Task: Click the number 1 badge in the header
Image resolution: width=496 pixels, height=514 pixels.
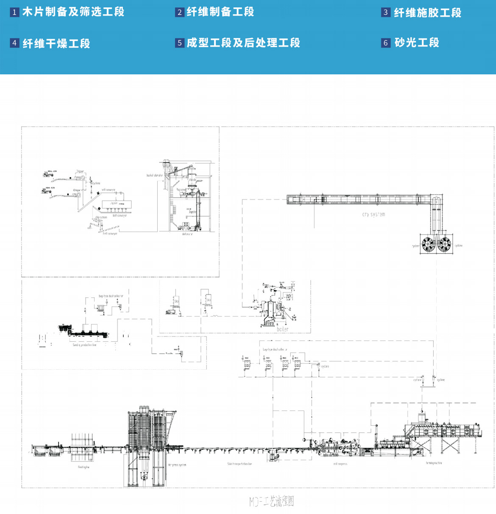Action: pyautogui.click(x=14, y=12)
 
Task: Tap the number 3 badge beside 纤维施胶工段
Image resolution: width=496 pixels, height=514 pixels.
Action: pyautogui.click(x=385, y=12)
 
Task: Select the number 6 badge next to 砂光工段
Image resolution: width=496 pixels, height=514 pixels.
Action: pyautogui.click(x=385, y=43)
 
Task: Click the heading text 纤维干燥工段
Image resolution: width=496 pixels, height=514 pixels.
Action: pyautogui.click(x=56, y=43)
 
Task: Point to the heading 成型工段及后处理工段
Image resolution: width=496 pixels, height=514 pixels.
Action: pyautogui.click(x=243, y=43)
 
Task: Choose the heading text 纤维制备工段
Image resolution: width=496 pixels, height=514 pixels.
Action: pyautogui.click(x=220, y=12)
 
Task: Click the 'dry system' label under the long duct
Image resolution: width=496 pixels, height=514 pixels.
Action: pyautogui.click(x=373, y=215)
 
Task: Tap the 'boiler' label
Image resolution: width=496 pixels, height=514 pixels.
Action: pyautogui.click(x=282, y=329)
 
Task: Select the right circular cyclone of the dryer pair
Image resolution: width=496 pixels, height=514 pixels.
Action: pyautogui.click(x=444, y=244)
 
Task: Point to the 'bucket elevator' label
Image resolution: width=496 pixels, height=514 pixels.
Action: pyautogui.click(x=154, y=175)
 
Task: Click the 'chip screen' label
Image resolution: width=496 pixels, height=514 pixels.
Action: pyautogui.click(x=101, y=218)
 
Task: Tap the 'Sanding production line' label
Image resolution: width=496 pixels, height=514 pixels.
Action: pyautogui.click(x=84, y=345)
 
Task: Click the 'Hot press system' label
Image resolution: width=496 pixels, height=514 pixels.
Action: pyautogui.click(x=177, y=465)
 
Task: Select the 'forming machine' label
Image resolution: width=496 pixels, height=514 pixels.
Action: pyautogui.click(x=434, y=463)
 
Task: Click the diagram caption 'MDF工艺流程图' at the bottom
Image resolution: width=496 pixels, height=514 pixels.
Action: pyautogui.click(x=271, y=502)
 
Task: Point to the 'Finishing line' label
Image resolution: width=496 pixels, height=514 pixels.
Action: pyautogui.click(x=84, y=467)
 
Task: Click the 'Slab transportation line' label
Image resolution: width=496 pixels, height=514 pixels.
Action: pyautogui.click(x=239, y=464)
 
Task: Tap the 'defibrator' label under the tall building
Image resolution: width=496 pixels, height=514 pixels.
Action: pyautogui.click(x=187, y=234)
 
